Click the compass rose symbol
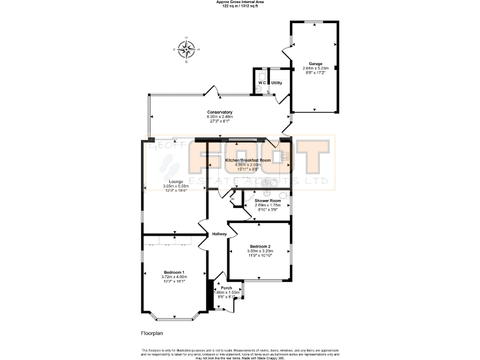[186, 49]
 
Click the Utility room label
[276, 82]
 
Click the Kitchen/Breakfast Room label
[247, 161]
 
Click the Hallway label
[219, 234]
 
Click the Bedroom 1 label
[174, 272]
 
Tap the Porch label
[226, 287]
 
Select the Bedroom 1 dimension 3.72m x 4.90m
[174, 277]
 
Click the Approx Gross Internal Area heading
[240, 2]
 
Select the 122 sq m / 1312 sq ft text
[240, 6]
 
